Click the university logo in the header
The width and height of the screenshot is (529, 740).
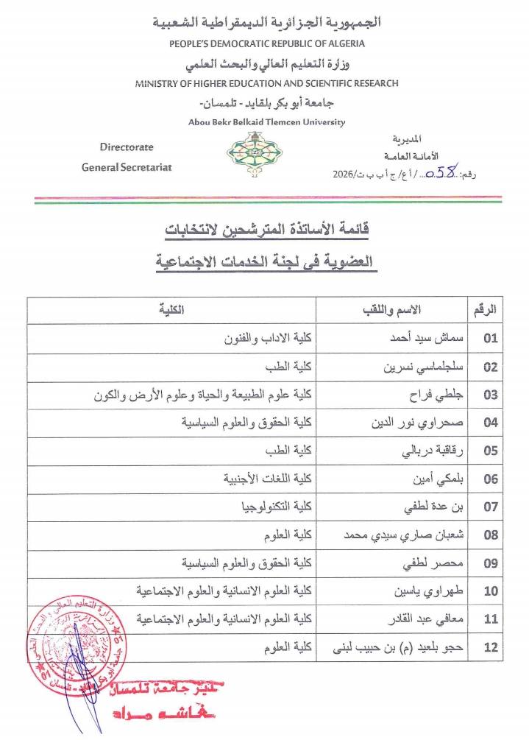pyautogui.click(x=250, y=153)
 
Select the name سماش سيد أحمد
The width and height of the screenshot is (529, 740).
pyautogui.click(x=417, y=339)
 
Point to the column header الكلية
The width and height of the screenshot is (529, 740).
pyautogui.click(x=171, y=310)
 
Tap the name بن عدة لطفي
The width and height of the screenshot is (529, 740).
pyautogui.click(x=425, y=507)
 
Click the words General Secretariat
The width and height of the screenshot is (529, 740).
pyautogui.click(x=127, y=167)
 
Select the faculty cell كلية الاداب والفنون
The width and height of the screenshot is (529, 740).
pyautogui.click(x=267, y=339)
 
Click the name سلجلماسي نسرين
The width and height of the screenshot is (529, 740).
pyautogui.click(x=413, y=367)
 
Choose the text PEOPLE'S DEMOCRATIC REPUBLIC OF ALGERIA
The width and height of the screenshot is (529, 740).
pyautogui.click(x=267, y=43)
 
